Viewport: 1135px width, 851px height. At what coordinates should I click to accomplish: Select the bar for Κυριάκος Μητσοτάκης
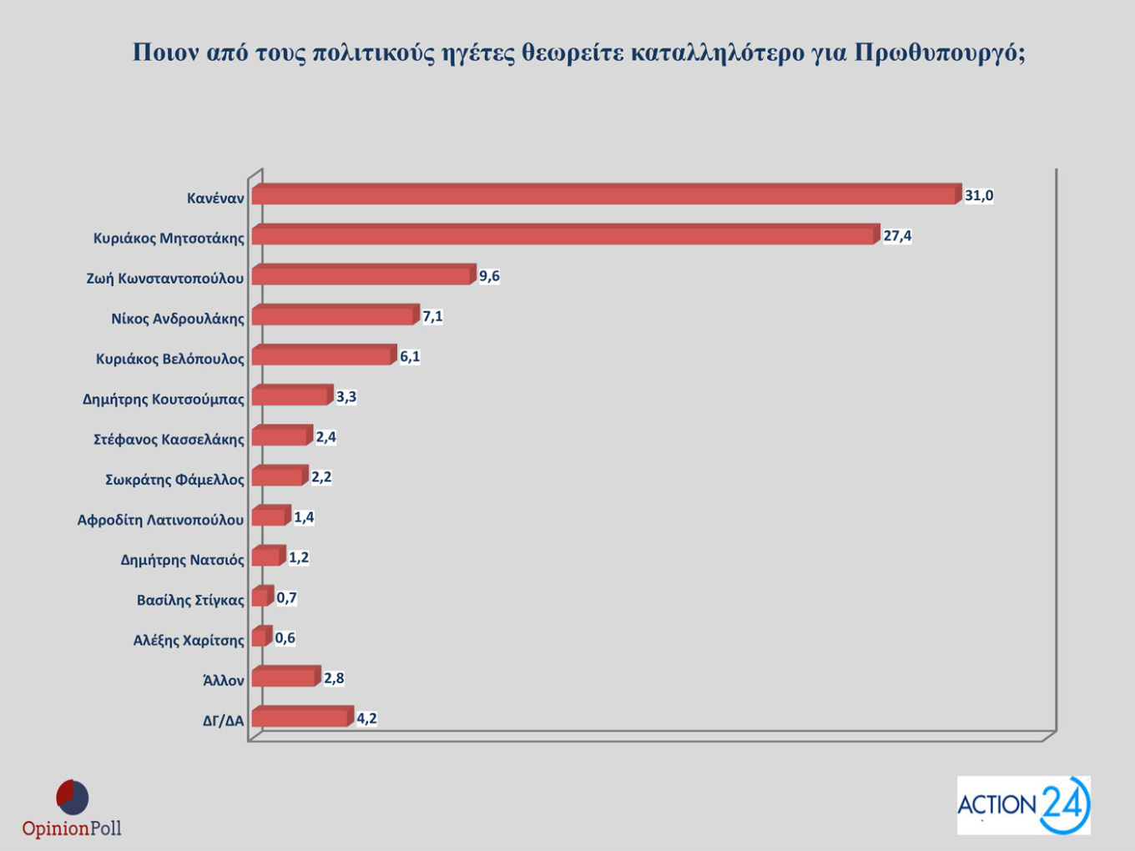[x=564, y=235]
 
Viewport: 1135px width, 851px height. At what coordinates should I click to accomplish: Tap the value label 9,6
[x=489, y=276]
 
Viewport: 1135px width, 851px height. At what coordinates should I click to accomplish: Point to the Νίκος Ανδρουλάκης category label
[x=178, y=319]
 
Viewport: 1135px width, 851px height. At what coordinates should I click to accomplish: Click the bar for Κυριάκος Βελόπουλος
[x=322, y=356]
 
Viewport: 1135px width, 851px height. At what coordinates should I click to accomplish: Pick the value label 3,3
[x=346, y=397]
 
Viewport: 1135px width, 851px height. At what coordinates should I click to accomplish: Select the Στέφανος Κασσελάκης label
[x=169, y=440]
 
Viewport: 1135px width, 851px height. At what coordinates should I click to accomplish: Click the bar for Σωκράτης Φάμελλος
[x=278, y=476]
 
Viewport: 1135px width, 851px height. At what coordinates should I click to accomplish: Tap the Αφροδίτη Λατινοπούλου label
[x=160, y=520]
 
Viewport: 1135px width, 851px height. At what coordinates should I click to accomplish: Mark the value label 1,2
[x=299, y=557]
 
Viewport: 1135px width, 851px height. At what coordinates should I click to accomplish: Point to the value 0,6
[x=285, y=638]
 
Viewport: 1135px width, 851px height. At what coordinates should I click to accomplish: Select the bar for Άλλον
[x=285, y=677]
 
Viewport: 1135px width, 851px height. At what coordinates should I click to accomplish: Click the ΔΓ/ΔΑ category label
[x=223, y=720]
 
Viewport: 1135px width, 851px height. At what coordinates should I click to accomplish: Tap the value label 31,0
[x=979, y=196]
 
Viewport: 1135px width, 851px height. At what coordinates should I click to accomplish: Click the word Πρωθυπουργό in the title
[x=940, y=53]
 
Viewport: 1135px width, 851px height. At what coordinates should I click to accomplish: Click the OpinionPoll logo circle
[x=73, y=798]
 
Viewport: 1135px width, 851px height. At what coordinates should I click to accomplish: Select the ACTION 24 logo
[x=1023, y=805]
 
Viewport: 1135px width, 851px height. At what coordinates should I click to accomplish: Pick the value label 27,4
[x=897, y=236]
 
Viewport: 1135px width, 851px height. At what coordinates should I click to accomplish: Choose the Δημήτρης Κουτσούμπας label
[x=163, y=400]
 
